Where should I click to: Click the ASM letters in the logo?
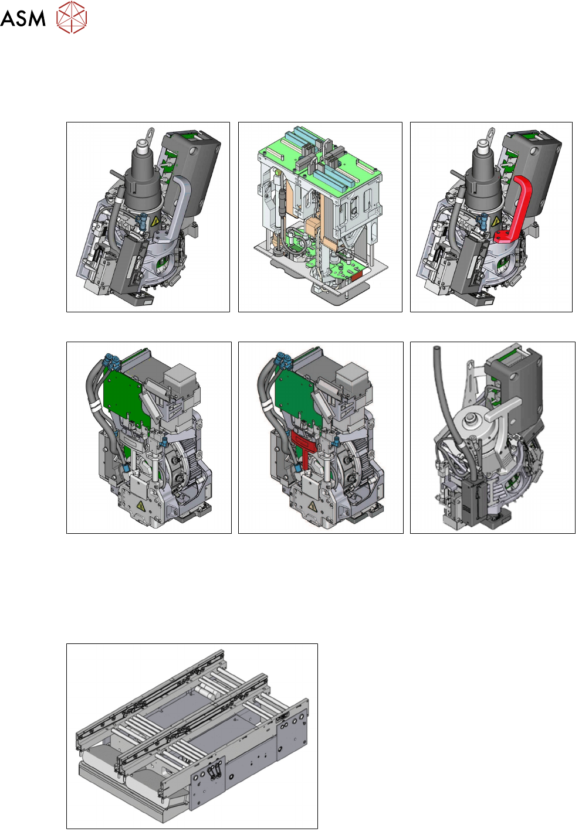(23, 18)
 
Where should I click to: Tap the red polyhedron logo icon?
(72, 17)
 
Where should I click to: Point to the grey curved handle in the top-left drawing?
(175, 207)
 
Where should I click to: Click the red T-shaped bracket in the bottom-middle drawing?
(304, 450)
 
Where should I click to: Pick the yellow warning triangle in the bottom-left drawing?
(141, 506)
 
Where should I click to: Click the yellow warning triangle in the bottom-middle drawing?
(313, 506)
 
